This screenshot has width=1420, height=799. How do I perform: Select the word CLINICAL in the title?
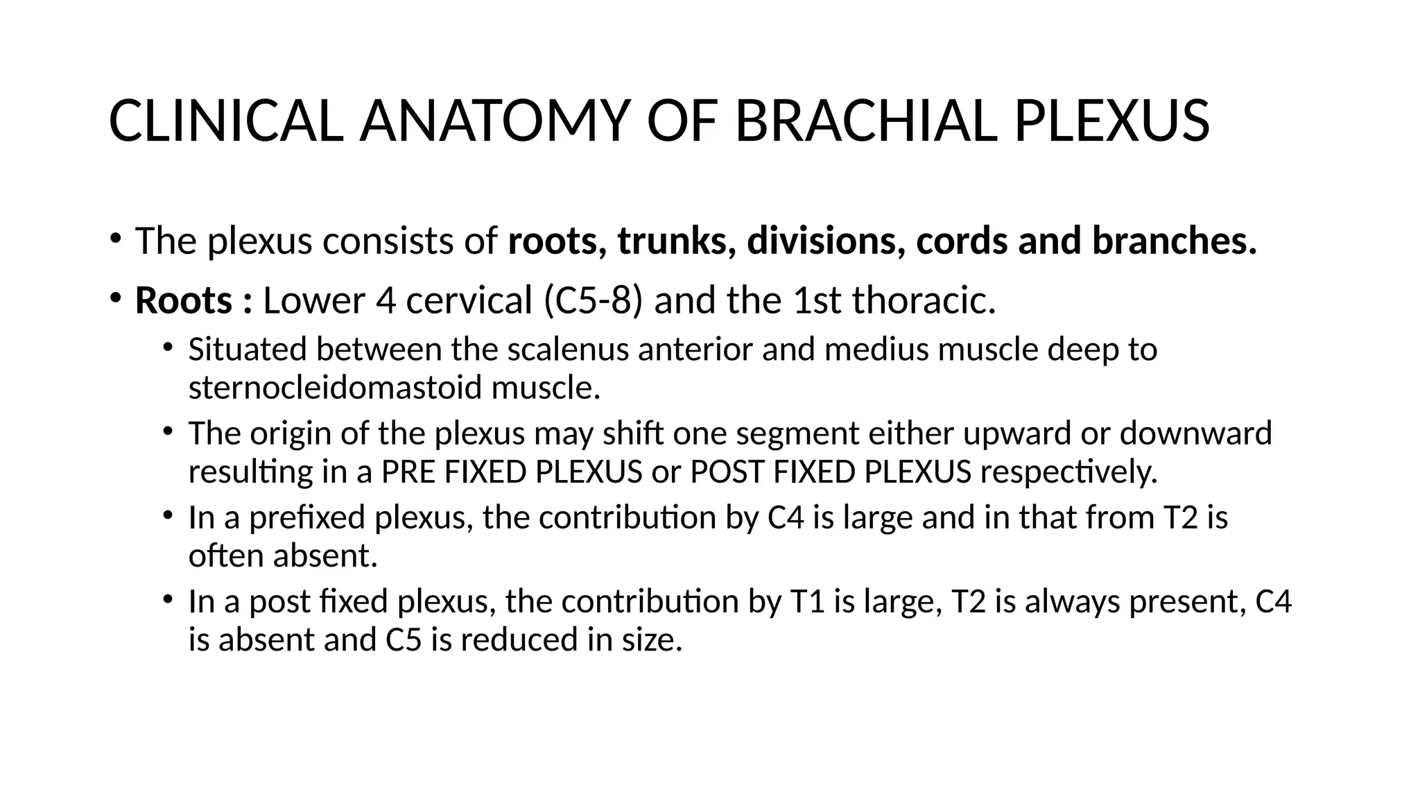225,122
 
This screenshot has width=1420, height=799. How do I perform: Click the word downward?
1196,433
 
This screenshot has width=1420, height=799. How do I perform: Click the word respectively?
1068,472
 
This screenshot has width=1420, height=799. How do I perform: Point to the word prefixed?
306,517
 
